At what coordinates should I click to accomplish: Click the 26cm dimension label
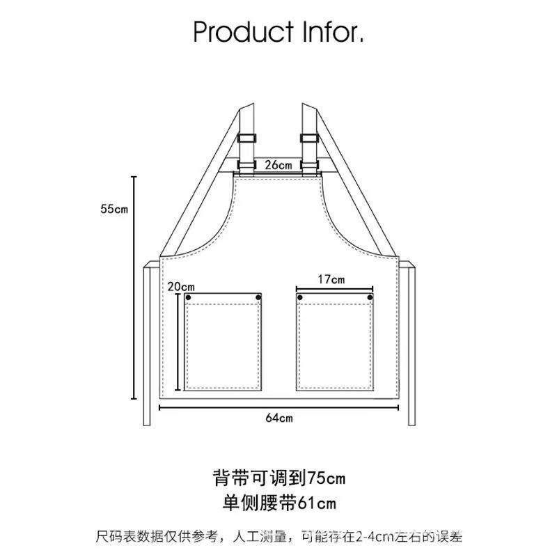pyautogui.click(x=278, y=165)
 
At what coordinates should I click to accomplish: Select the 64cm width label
pyautogui.click(x=278, y=418)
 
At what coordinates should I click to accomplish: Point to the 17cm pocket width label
pyautogui.click(x=331, y=279)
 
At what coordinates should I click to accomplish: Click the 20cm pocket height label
pyautogui.click(x=181, y=286)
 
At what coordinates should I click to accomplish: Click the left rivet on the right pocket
pyautogui.click(x=300, y=298)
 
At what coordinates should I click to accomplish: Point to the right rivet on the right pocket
pyautogui.click(x=371, y=298)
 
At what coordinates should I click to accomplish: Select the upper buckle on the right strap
pyautogui.click(x=310, y=136)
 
